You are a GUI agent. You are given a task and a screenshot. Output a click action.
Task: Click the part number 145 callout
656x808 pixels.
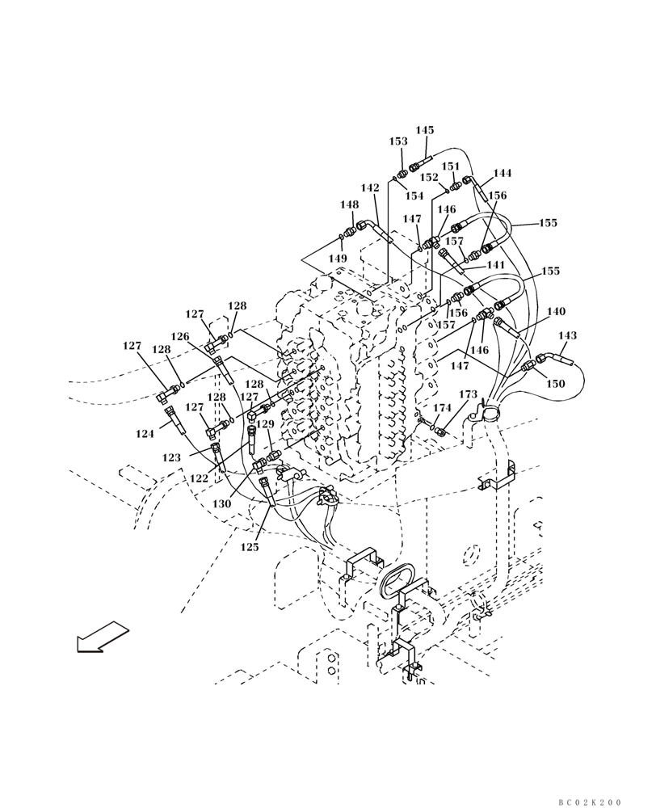(x=425, y=130)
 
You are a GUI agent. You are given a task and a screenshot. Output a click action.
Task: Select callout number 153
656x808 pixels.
(x=398, y=141)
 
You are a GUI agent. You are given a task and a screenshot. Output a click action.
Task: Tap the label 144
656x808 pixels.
(x=503, y=174)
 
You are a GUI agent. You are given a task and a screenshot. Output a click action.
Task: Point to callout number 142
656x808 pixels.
(x=370, y=188)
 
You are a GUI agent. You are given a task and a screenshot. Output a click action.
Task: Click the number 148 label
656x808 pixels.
(x=349, y=205)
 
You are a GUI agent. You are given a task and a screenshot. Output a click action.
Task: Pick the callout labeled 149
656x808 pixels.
(x=338, y=259)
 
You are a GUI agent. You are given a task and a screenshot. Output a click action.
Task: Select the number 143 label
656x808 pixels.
(x=568, y=335)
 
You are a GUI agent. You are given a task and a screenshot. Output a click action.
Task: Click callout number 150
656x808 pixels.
(x=555, y=385)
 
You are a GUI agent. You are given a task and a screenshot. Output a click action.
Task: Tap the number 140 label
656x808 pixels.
(x=556, y=312)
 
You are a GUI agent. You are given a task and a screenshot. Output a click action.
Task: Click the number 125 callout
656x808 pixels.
(x=250, y=547)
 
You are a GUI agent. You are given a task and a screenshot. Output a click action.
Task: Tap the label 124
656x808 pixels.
(x=145, y=434)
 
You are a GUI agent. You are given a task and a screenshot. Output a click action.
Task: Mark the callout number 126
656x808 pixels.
(x=179, y=336)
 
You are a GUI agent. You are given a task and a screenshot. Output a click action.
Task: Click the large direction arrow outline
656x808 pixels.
(x=103, y=636)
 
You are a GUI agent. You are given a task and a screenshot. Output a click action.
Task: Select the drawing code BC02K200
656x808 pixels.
(x=591, y=802)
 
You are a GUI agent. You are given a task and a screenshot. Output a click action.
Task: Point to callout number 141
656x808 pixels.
(x=495, y=265)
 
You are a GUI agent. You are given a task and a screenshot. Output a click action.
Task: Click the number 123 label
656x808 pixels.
(x=171, y=457)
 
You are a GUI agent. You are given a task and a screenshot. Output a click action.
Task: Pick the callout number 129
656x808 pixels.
(x=265, y=424)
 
